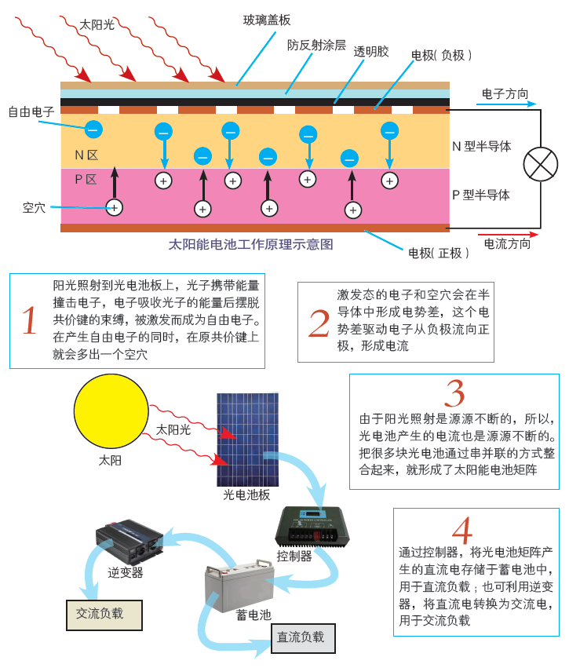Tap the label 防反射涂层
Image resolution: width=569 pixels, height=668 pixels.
tap(316, 45)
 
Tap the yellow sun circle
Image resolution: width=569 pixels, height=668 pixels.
tap(111, 412)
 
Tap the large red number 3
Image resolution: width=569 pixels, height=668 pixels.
tap(454, 394)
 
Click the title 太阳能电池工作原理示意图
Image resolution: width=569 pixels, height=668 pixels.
tap(250, 245)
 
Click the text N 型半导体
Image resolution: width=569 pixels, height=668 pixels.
tap(481, 146)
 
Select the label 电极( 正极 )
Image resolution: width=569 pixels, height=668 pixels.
tap(439, 253)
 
